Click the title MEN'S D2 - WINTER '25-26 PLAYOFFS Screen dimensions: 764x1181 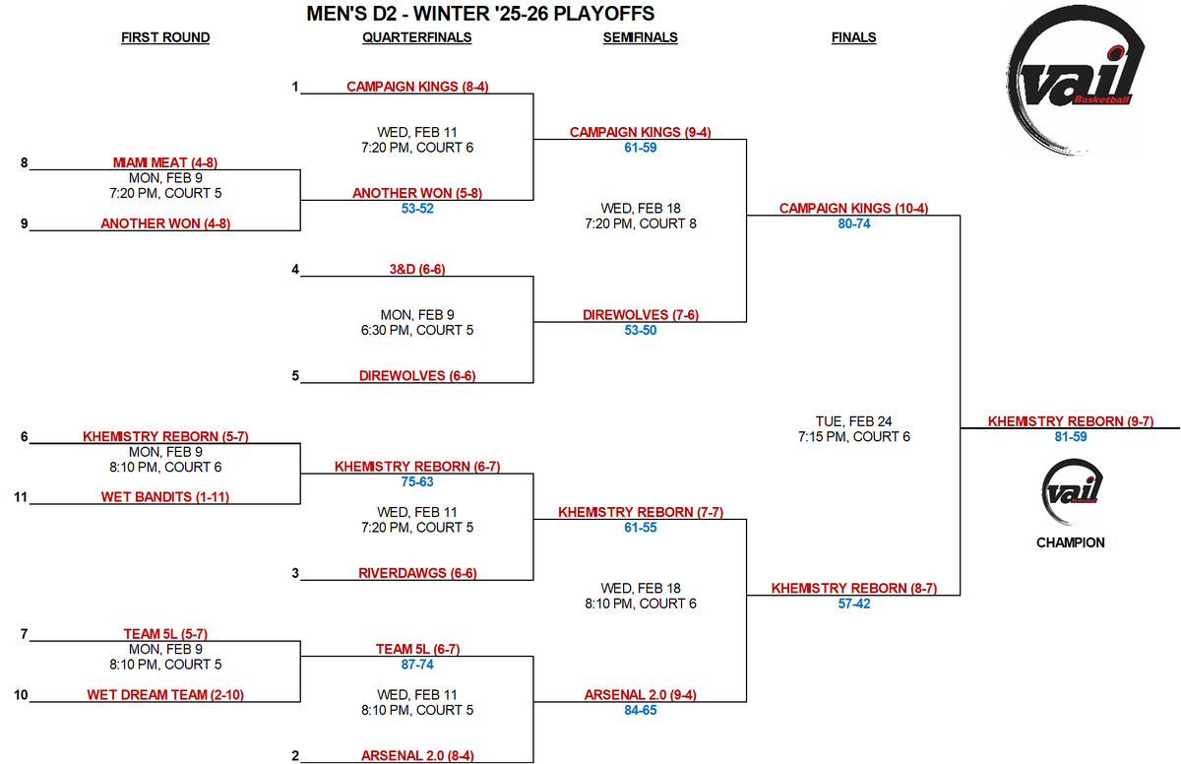click(x=480, y=14)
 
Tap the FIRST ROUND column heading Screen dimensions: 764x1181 click(x=165, y=37)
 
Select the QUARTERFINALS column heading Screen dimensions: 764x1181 click(x=417, y=37)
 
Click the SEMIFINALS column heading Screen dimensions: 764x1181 click(x=640, y=37)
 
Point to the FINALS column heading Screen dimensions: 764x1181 click(x=853, y=37)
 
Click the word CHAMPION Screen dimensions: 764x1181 click(x=1071, y=542)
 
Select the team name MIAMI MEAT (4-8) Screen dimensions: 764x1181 click(x=165, y=162)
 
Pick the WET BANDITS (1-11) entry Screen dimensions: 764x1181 click(x=165, y=497)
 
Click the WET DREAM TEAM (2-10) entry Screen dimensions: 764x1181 click(x=165, y=695)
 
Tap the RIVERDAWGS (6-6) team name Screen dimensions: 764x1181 click(x=417, y=573)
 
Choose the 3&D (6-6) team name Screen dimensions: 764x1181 click(x=417, y=269)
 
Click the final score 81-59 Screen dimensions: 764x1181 click(x=1071, y=436)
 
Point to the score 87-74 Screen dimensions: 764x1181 click(x=417, y=665)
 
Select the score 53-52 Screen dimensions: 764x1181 click(x=417, y=209)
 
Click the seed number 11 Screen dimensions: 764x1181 click(x=21, y=497)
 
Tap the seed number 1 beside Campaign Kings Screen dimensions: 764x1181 click(x=294, y=87)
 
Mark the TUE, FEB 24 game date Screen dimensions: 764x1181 click(x=853, y=421)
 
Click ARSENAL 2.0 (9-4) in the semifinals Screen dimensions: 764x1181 click(x=640, y=695)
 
